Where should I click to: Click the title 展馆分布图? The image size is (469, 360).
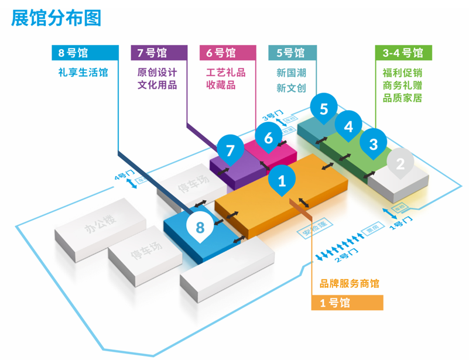pyautogui.click(x=57, y=18)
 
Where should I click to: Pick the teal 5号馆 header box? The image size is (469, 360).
pyautogui.click(x=292, y=53)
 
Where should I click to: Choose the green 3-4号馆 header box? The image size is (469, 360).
pyautogui.click(x=403, y=53)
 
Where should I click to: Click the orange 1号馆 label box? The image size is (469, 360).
pyautogui.click(x=347, y=303)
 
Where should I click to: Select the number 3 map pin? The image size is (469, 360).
pyautogui.click(x=374, y=144)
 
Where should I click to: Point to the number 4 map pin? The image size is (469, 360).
pyautogui.click(x=348, y=126)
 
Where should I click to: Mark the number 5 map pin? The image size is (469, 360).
pyautogui.click(x=324, y=108)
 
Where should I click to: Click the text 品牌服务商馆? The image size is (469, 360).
pyautogui.click(x=349, y=283)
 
